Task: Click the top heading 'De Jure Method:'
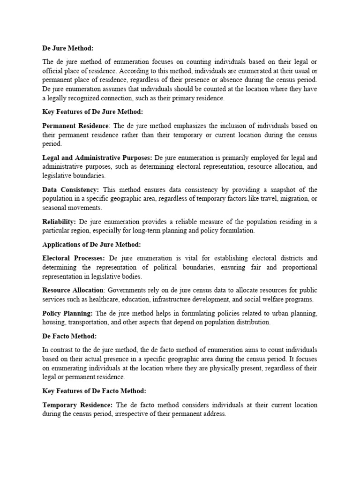68,48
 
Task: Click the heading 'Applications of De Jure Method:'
91,244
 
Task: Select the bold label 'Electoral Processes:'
74,258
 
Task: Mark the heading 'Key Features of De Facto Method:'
94,391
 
